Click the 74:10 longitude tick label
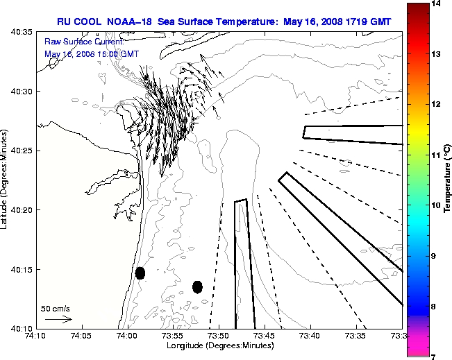[x=35, y=336]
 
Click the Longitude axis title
[x=219, y=345]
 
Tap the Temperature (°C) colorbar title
[x=448, y=180]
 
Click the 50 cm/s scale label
[x=56, y=308]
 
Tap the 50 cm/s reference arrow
[x=58, y=319]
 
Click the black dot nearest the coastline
[x=140, y=273]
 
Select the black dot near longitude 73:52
[x=197, y=287]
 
